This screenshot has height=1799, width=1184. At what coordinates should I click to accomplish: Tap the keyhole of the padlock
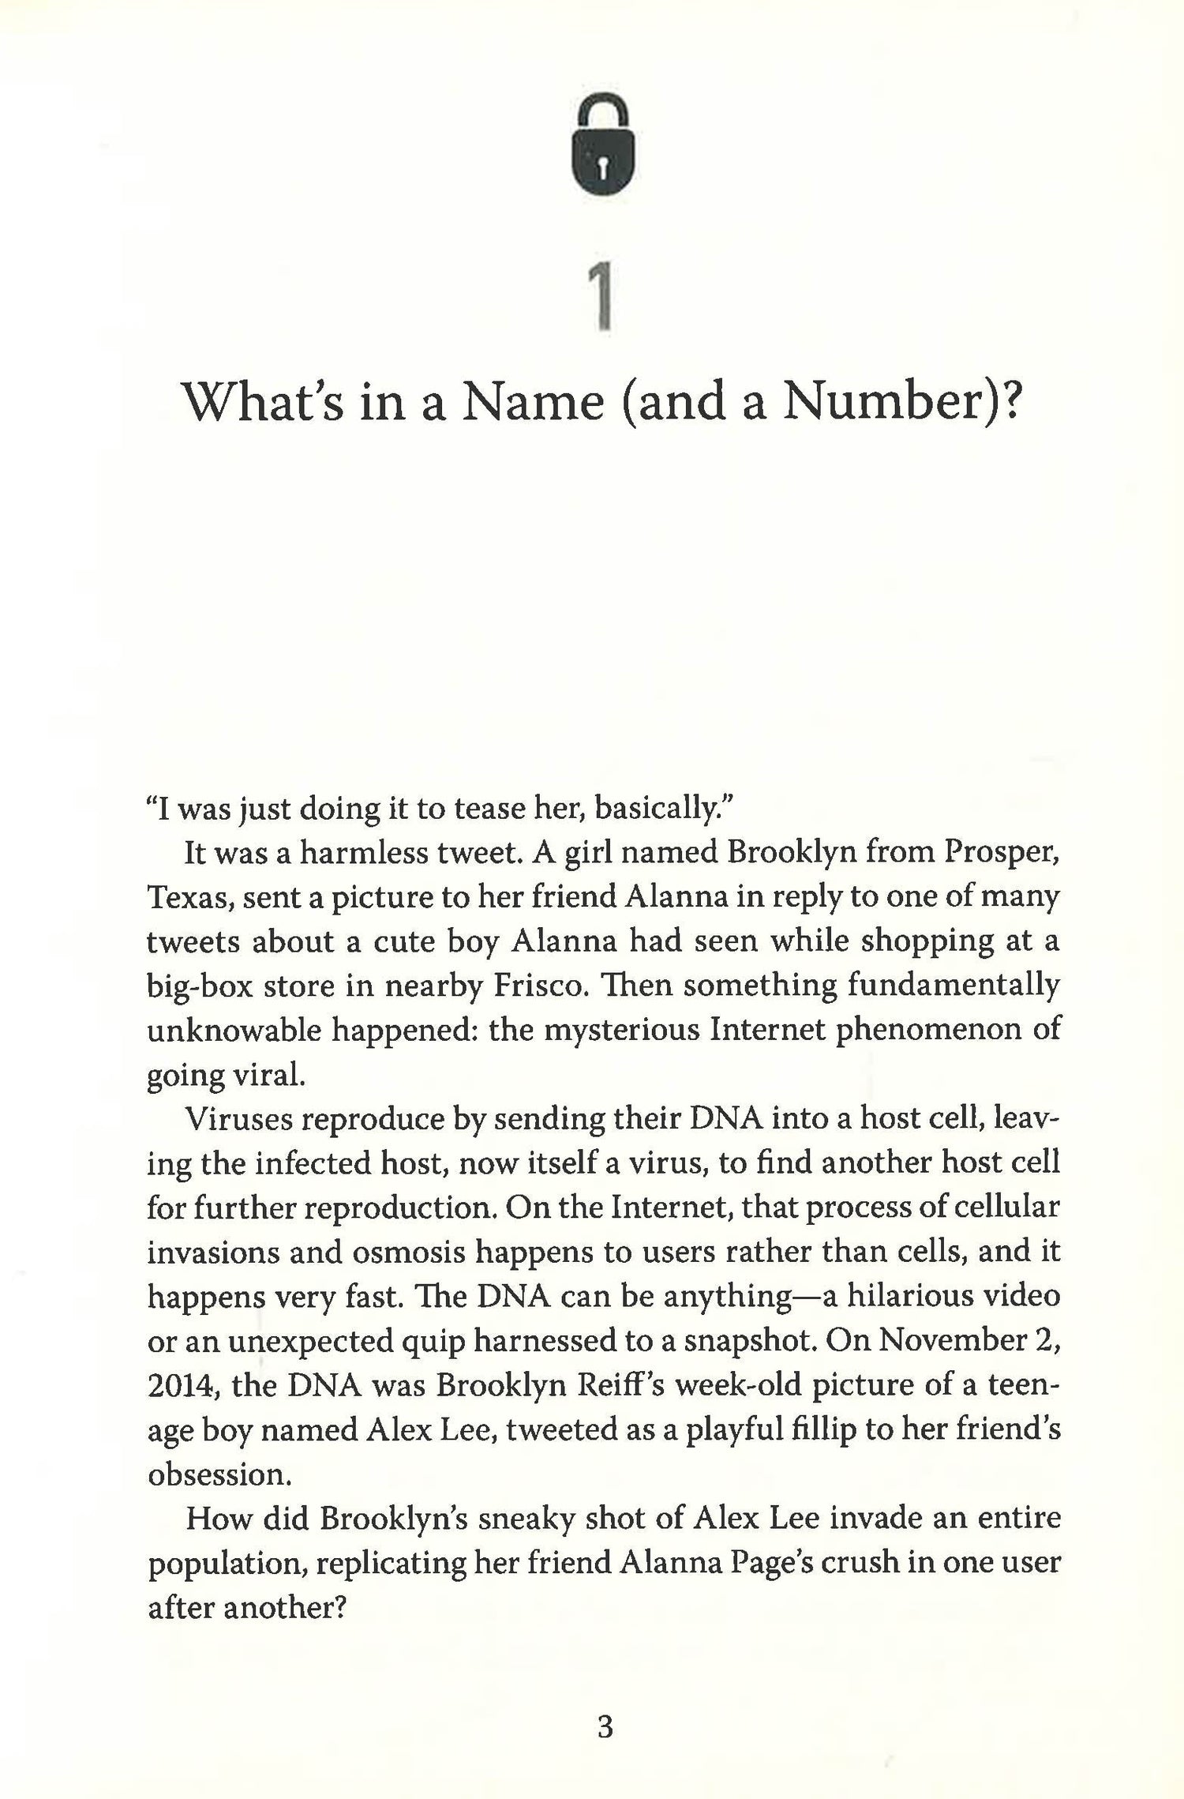(x=602, y=167)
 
